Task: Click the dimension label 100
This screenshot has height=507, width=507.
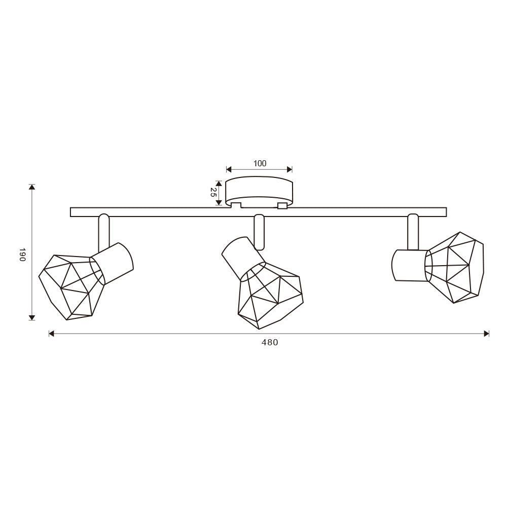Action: (x=260, y=164)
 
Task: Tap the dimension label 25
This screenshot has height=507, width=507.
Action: (x=213, y=192)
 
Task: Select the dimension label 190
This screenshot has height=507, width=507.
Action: (x=22, y=255)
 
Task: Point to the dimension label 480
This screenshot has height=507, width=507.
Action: (x=270, y=342)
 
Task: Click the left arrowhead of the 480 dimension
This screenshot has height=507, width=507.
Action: (x=51, y=334)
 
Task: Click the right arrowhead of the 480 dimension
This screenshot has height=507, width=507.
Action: (x=486, y=334)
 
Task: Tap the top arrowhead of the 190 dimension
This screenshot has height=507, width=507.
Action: (x=31, y=187)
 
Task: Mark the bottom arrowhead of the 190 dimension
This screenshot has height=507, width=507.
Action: (x=31, y=317)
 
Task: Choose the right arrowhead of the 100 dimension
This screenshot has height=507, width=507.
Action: (x=289, y=169)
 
